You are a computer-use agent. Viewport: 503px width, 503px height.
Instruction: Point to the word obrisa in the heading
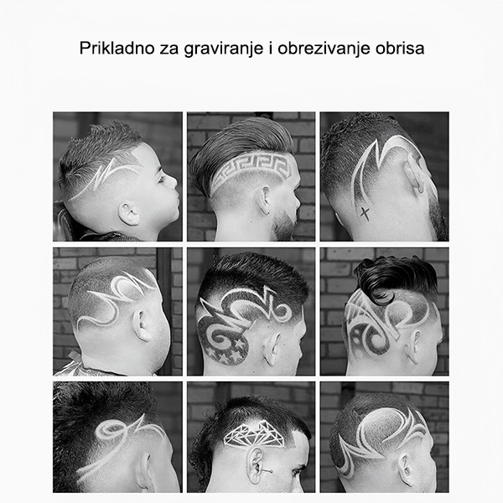(x=400, y=49)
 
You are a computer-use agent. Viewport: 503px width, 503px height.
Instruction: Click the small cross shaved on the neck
(x=365, y=213)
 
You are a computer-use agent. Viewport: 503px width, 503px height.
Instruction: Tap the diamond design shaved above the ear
(x=253, y=434)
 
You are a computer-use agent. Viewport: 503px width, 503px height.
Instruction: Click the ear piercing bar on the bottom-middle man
(x=267, y=470)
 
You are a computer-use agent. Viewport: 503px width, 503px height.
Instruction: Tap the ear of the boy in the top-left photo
(x=128, y=214)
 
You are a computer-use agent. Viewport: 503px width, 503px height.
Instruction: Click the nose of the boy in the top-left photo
(x=173, y=182)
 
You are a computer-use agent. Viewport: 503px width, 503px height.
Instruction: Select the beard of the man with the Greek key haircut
(x=284, y=225)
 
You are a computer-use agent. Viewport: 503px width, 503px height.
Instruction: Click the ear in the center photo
(x=272, y=350)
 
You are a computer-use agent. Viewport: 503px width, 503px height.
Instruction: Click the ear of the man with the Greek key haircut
(x=265, y=201)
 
